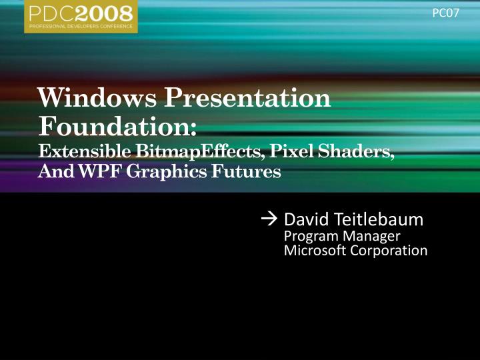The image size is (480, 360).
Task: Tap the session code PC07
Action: (446, 13)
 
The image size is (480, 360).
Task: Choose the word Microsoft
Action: (314, 251)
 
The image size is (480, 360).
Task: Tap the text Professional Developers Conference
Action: (81, 26)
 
